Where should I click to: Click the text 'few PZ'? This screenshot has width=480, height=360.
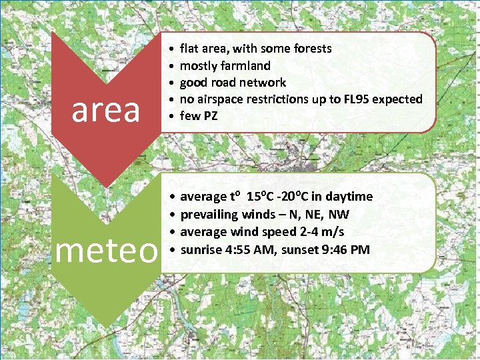pyautogui.click(x=199, y=116)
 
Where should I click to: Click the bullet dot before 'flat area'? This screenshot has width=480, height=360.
pyautogui.click(x=172, y=49)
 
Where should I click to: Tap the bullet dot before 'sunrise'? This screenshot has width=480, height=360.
pyautogui.click(x=172, y=250)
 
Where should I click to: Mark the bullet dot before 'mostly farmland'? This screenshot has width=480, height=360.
pyautogui.click(x=172, y=66)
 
